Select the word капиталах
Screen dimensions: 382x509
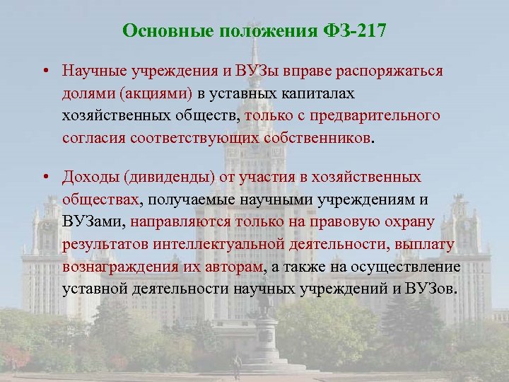(322, 93)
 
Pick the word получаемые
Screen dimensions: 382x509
(190, 199)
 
